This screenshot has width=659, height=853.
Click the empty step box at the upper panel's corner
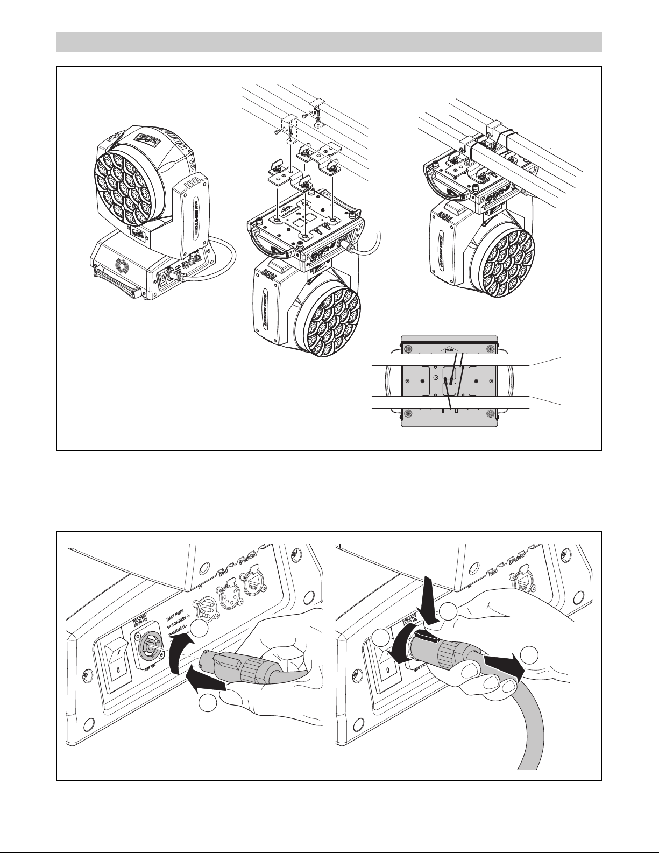65,75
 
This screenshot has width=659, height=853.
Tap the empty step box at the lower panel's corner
65,540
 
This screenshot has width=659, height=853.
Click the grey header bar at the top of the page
329,41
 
